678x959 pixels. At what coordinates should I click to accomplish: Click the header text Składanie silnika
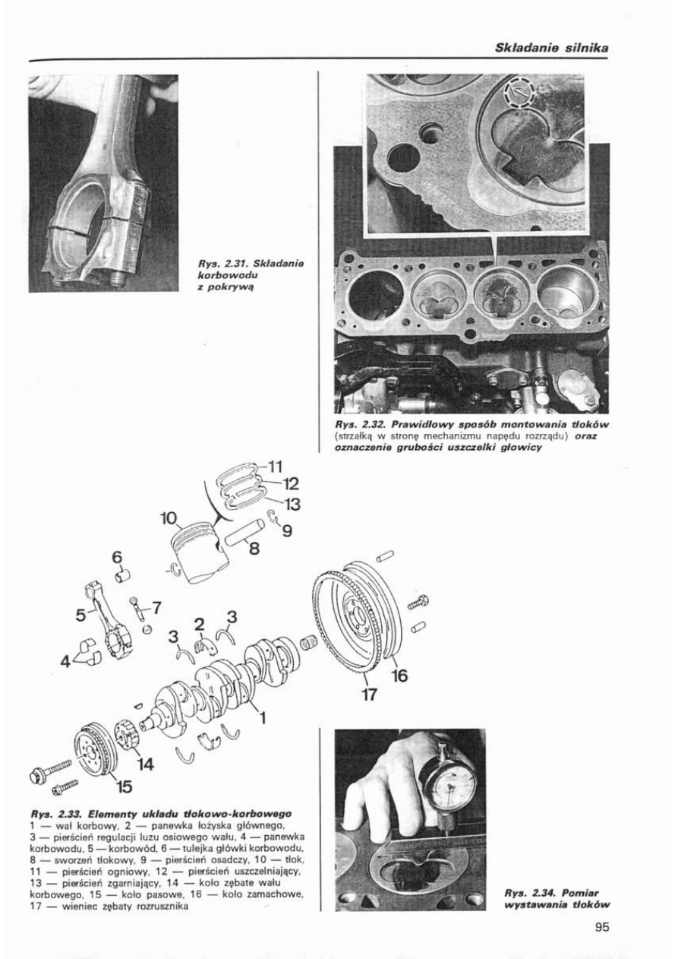pos(553,48)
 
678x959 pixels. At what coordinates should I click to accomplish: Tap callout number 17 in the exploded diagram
pos(367,693)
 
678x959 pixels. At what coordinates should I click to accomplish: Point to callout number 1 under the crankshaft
pos(263,715)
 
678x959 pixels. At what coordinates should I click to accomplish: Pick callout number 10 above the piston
pos(169,519)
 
